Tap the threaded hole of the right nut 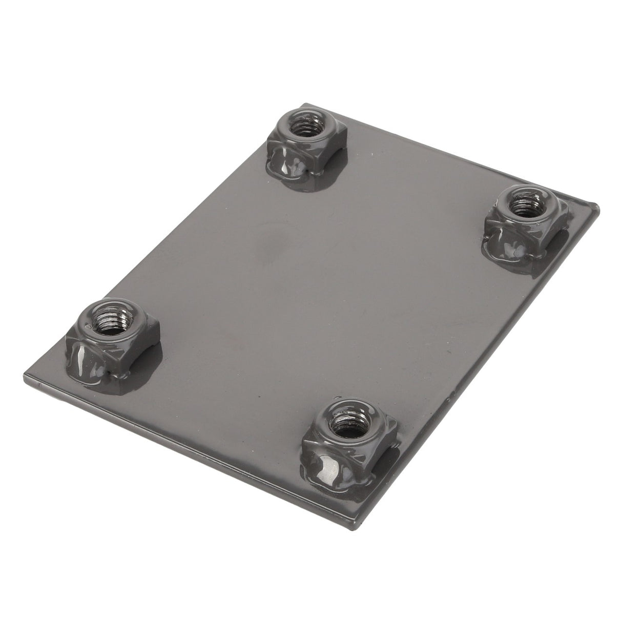pyautogui.click(x=523, y=208)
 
